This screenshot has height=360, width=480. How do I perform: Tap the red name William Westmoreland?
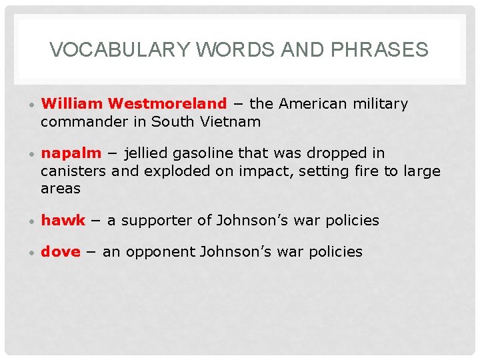point(134,104)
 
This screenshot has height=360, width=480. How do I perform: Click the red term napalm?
point(71,153)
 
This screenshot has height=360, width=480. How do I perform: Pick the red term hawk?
point(63,221)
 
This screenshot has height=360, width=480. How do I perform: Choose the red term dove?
point(61,252)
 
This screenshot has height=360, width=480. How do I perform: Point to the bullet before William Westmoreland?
point(31,105)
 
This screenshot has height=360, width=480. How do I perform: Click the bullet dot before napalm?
point(31,155)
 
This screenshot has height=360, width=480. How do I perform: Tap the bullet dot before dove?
point(31,253)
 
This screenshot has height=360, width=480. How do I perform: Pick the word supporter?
point(154,221)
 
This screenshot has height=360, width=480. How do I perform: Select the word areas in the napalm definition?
point(61,188)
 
